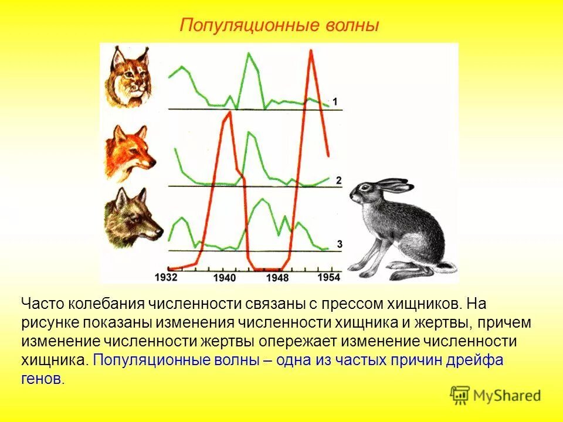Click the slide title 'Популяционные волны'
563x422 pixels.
click(280, 26)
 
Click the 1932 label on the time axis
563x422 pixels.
click(167, 276)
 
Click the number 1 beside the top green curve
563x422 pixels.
click(335, 102)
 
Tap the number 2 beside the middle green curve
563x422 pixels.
click(338, 180)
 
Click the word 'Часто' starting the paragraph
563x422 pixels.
click(43, 304)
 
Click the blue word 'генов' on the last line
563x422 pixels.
click(40, 379)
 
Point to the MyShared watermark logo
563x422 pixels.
click(496, 395)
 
